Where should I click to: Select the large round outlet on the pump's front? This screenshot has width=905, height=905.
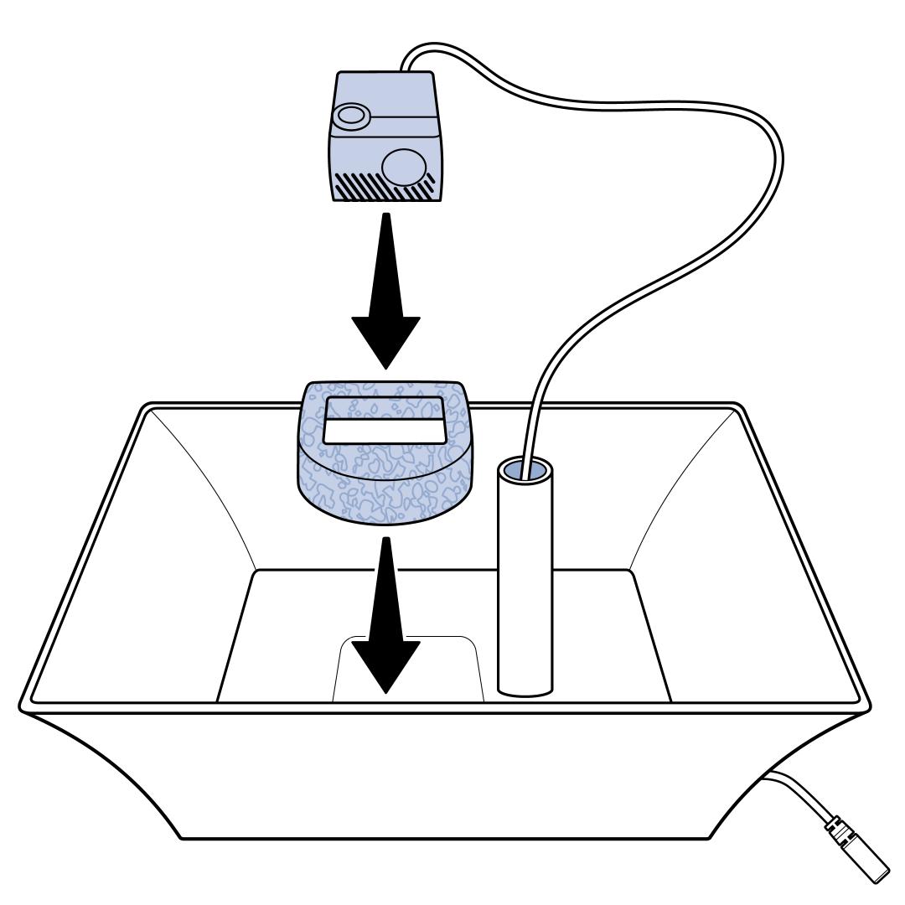click(404, 165)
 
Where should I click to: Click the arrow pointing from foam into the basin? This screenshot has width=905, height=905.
click(385, 620)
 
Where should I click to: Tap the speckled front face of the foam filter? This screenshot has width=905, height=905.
click(385, 494)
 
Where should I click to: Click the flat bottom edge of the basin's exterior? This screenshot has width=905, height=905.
click(444, 838)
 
